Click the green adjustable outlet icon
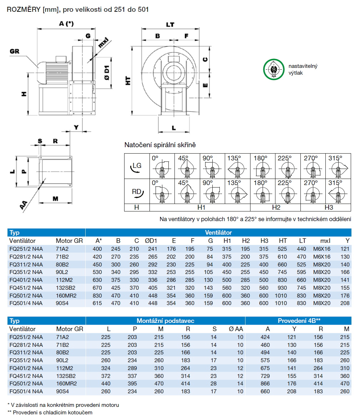pos(273,69)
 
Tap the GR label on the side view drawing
pos(14,51)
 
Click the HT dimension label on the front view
pos(127,81)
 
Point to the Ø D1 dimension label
pos(106,73)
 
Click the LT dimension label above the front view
pos(170,25)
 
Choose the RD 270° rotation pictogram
pos(313,192)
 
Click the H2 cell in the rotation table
pos(276,208)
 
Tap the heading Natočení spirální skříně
pos(160,145)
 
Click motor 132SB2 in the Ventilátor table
pos(66,288)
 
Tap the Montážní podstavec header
pos(165,321)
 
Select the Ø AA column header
pos(236,329)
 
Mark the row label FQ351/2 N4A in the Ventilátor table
pos(26,272)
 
